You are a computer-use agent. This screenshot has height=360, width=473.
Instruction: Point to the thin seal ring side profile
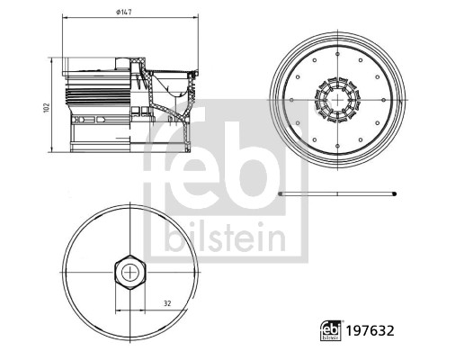337,193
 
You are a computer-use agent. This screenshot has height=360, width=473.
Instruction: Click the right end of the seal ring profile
393,193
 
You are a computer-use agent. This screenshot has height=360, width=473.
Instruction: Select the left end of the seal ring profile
281,193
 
